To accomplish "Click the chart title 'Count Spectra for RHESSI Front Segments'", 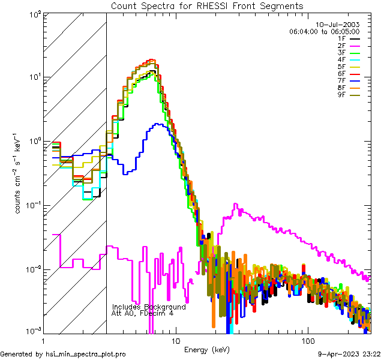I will click(207, 6).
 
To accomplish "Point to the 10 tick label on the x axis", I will click(175, 340).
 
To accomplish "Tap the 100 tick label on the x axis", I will click(307, 340).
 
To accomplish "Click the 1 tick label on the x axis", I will click(44, 340).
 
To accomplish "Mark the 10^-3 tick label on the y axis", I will click(32, 331).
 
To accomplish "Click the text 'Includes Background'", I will click(149, 307).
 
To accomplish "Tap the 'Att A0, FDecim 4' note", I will click(143, 313).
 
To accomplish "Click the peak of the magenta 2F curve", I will click(236, 204).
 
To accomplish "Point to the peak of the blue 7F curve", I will click(157, 124).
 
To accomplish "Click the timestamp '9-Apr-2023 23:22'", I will click(349, 354).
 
